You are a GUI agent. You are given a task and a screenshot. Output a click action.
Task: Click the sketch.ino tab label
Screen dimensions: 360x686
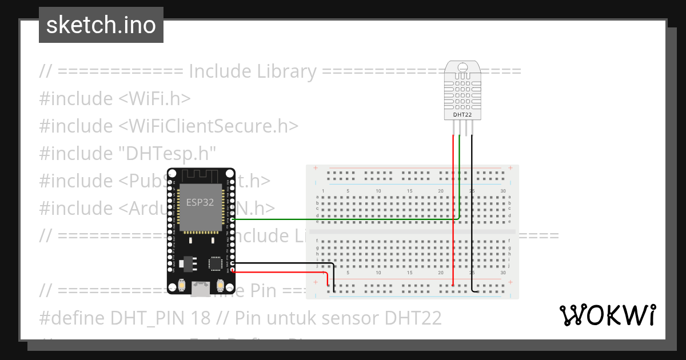[101, 25]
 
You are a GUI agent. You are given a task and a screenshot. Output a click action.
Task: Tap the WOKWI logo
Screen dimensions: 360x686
[607, 315]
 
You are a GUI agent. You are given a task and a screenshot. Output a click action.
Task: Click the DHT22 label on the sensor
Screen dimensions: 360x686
[462, 114]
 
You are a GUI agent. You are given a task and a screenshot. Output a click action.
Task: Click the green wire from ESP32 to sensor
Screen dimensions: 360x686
[343, 218]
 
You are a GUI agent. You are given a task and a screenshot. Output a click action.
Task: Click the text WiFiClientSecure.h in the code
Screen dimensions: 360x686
[209, 126]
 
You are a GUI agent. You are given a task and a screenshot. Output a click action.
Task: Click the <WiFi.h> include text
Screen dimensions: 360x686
[154, 98]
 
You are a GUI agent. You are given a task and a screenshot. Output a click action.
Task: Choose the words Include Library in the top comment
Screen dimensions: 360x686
[252, 71]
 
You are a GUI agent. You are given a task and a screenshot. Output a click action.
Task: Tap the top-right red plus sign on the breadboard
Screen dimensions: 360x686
[509, 169]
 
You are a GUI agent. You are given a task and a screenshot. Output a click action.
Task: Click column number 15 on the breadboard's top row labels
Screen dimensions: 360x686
[409, 190]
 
